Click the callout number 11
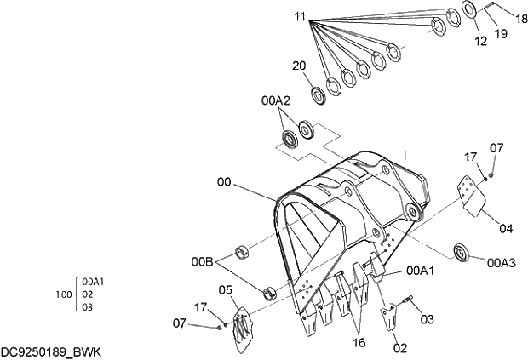point(299,16)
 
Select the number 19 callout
point(501,34)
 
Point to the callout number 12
point(480,40)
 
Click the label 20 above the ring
point(298,66)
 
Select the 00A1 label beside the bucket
point(421,271)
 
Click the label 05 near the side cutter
point(225,290)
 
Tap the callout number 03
point(428,318)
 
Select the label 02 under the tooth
point(399,347)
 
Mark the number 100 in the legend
point(63,294)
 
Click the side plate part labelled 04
point(469,194)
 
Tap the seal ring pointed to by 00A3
point(465,253)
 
